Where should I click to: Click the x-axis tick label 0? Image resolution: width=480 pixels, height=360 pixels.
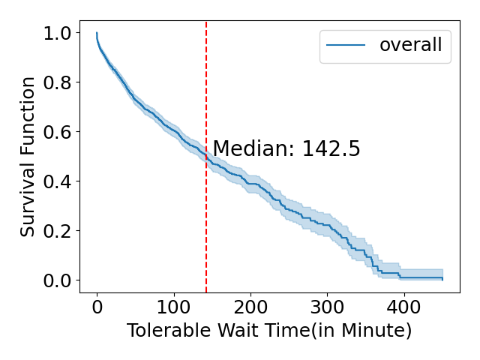coord(97,307)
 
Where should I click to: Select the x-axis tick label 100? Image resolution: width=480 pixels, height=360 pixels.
coord(174,307)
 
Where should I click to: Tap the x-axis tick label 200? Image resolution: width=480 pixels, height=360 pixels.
coord(250,307)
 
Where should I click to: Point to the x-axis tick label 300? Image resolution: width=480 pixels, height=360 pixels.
coord(328,307)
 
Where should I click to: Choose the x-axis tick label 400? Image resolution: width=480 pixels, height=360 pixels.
coord(404,307)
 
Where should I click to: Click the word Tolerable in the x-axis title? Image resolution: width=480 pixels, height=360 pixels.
coord(166,331)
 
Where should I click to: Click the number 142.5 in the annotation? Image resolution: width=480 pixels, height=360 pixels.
coord(331,149)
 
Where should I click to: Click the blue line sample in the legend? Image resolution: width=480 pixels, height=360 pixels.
coord(346,46)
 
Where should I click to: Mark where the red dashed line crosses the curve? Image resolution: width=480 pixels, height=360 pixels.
coord(206,156)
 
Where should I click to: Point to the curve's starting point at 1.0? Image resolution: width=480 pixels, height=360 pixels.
coord(97,33)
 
